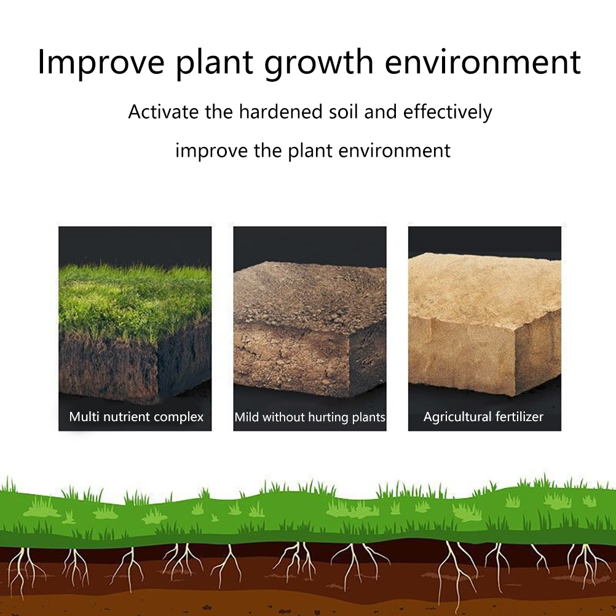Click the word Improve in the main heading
(101, 63)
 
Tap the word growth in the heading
(318, 63)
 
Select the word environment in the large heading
(483, 62)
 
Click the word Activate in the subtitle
(164, 111)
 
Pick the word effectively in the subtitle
(448, 113)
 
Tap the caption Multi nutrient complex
(136, 417)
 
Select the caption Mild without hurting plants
(310, 417)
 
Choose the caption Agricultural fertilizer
(484, 417)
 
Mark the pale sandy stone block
(485, 324)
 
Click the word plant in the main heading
(215, 63)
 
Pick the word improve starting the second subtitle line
(211, 151)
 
